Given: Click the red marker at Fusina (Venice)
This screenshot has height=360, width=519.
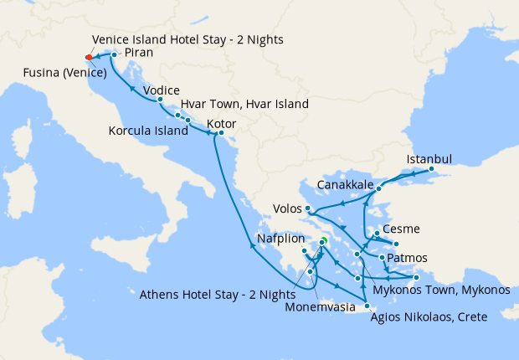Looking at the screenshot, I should pos(89,58).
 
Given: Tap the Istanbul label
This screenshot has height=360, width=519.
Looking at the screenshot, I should pos(429,159).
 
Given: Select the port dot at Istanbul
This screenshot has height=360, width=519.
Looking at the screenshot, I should pos(432,169).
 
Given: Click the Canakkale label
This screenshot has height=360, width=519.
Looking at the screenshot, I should pos(345,184).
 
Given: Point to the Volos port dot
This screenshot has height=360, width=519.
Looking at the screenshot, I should pos(309,208).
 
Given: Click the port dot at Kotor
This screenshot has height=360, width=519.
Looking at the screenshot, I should pos(221,133).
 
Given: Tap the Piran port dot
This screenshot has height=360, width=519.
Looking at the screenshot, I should pos(114,55).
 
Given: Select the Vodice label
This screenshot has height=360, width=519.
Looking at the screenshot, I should pos(161,90).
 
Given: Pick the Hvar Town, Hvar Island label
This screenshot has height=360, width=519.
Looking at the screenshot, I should pos(244,105).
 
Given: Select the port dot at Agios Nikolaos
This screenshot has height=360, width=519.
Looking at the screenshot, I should pos(367,306).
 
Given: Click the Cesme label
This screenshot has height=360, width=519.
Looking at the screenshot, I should pos(400,229).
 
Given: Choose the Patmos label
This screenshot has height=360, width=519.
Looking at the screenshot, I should pos(408,257).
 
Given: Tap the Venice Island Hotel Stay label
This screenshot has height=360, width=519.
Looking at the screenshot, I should pos(188,39).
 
